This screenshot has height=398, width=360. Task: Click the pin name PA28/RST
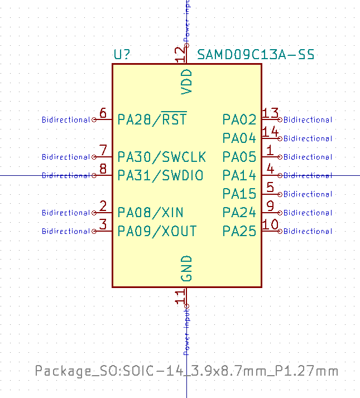pyautogui.click(x=152, y=119)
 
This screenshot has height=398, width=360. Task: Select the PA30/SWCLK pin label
pyautogui.click(x=161, y=156)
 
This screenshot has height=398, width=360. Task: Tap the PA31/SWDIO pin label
pyautogui.click(x=160, y=175)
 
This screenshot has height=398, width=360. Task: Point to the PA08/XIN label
pyautogui.click(x=150, y=212)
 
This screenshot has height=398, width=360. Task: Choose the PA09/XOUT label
pyautogui.click(x=157, y=231)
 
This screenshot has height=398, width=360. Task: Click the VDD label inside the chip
pyautogui.click(x=186, y=81)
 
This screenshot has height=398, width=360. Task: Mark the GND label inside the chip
pyautogui.click(x=186, y=268)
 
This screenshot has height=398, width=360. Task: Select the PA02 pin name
pyautogui.click(x=239, y=119)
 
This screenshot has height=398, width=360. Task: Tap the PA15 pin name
pyautogui.click(x=239, y=194)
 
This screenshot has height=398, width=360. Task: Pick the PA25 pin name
pyautogui.click(x=239, y=231)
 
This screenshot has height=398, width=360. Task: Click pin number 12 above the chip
pyautogui.click(x=180, y=54)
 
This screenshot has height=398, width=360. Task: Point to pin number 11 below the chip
pyautogui.click(x=180, y=296)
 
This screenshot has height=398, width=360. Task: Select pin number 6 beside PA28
pyautogui.click(x=103, y=113)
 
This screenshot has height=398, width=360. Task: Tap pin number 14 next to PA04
pyautogui.click(x=271, y=132)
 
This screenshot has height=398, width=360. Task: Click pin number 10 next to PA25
pyautogui.click(x=271, y=225)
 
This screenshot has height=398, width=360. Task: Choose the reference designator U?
pyautogui.click(x=122, y=55)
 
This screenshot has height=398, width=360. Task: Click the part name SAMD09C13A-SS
pyautogui.click(x=256, y=55)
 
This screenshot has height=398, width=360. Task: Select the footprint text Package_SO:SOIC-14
pyautogui.click(x=186, y=371)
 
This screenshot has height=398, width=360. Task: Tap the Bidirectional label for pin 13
pyautogui.click(x=308, y=119)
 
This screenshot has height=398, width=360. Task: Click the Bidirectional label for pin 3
pyautogui.click(x=66, y=231)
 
